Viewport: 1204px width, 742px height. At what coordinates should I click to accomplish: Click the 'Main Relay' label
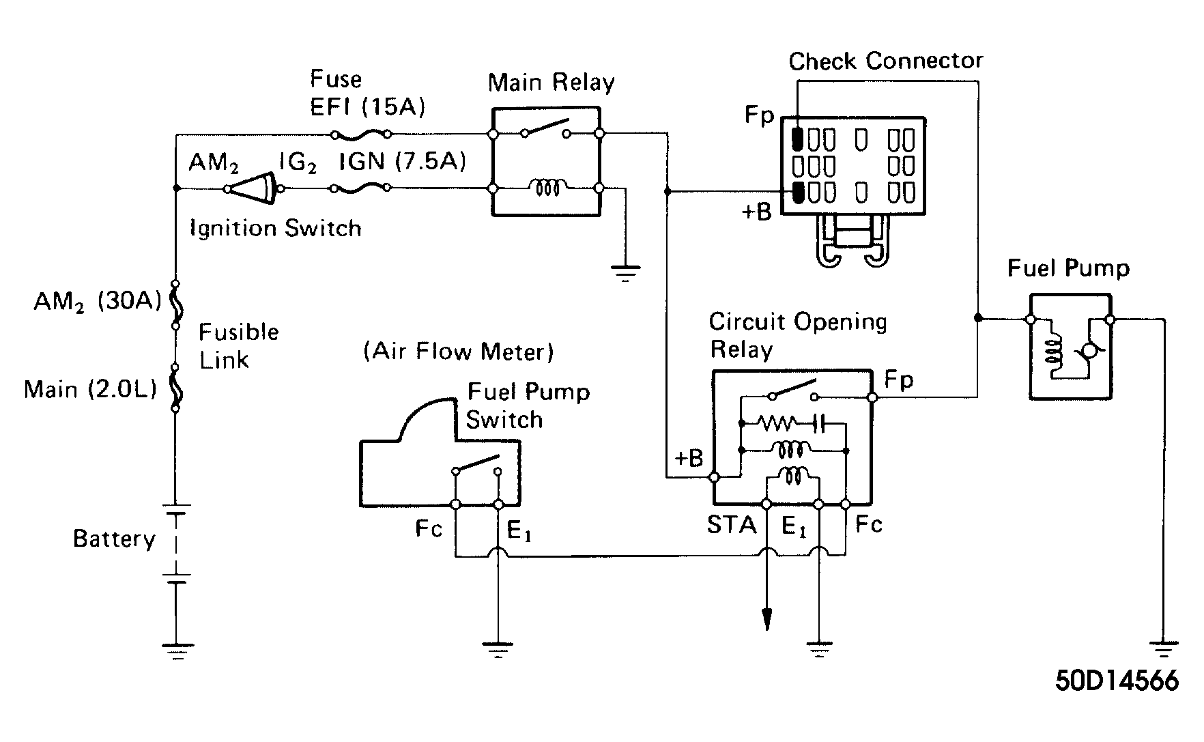point(551,83)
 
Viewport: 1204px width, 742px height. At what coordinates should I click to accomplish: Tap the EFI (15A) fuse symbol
point(360,133)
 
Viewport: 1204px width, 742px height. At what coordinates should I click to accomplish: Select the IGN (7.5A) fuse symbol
point(360,187)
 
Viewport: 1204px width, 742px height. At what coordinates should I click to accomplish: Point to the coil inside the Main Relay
point(547,186)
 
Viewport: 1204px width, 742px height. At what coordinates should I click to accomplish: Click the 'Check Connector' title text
point(886,61)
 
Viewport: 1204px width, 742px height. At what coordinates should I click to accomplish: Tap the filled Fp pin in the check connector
point(797,139)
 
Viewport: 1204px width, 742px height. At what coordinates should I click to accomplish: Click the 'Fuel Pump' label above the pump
point(1068,268)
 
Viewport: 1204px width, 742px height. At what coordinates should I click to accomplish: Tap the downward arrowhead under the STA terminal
point(766,618)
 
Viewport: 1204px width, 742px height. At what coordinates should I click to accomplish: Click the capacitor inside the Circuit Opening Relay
point(820,424)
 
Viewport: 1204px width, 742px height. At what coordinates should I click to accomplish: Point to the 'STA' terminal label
point(732,525)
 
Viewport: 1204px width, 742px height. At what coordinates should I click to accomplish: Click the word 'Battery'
point(115,539)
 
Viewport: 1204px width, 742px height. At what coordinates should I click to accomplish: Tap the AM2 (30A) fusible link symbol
point(175,304)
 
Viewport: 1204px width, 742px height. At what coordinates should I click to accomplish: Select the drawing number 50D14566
point(1117,681)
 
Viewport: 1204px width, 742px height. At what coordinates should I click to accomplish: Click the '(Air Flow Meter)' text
point(459,352)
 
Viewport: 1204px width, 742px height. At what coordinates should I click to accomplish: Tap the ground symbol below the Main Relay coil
point(625,274)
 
